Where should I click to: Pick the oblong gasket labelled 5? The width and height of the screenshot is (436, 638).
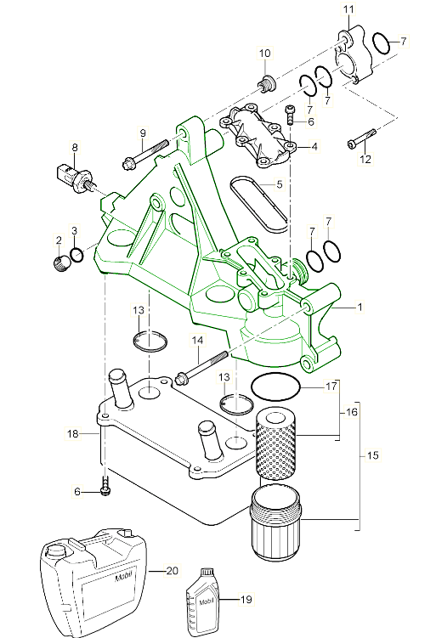(258, 203)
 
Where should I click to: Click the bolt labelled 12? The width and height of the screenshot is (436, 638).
(364, 140)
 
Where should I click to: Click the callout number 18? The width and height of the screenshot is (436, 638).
(73, 434)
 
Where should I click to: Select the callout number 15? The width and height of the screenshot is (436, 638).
(371, 456)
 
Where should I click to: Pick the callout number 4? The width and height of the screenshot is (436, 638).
(314, 147)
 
